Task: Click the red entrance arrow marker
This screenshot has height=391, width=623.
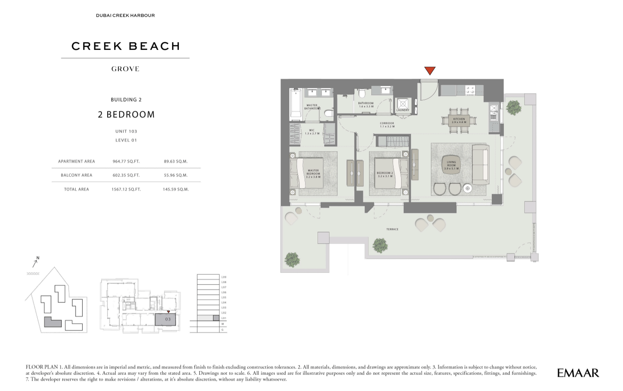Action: (429, 71)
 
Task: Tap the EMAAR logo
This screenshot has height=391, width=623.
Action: (578, 373)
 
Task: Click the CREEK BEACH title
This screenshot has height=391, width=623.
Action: (126, 46)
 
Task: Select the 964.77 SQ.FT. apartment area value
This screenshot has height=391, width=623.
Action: (126, 161)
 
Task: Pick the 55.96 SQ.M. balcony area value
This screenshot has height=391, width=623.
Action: (176, 175)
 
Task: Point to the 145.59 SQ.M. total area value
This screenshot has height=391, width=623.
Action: (176, 189)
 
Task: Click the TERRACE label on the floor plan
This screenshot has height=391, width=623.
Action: (392, 230)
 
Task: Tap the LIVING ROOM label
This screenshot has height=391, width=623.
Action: (451, 165)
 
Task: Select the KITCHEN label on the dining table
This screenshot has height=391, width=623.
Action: (459, 120)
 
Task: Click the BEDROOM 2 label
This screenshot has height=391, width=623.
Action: (385, 174)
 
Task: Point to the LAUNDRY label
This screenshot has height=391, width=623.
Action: (403, 110)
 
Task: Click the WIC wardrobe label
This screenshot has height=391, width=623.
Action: (312, 132)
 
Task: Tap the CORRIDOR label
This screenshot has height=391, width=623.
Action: (387, 125)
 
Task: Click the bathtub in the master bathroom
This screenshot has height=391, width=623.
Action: (296, 104)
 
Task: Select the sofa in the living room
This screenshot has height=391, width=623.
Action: (480, 165)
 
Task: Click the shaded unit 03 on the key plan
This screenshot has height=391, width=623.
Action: (165, 319)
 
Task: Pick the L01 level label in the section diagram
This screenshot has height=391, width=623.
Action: (224, 318)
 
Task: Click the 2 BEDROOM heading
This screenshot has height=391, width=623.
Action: (126, 114)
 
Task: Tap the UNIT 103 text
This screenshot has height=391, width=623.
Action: (126, 131)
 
